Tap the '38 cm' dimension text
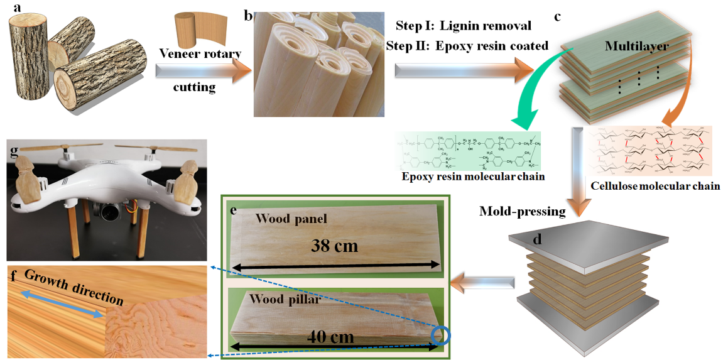pos(335,246)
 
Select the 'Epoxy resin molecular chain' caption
pos(474,178)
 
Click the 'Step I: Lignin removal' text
pos(464,26)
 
